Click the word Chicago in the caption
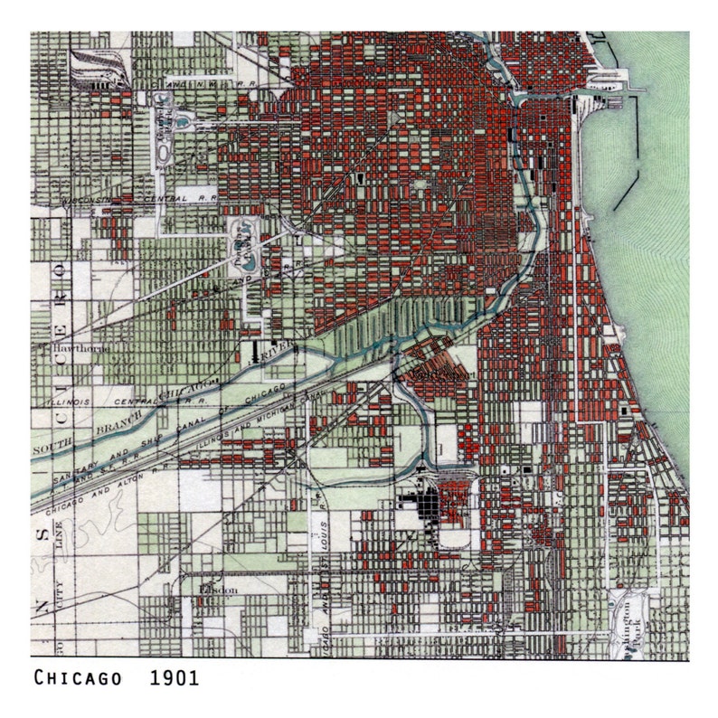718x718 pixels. pyautogui.click(x=79, y=677)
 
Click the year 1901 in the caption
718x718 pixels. pyautogui.click(x=175, y=677)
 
